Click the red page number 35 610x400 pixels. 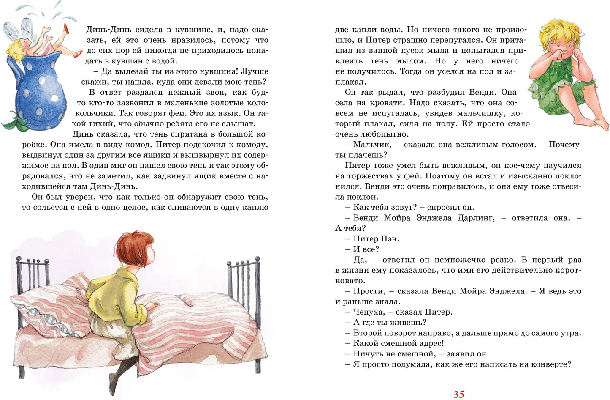coord(458,394)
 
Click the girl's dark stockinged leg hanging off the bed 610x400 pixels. coord(120,372)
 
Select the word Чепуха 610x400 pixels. coord(369,312)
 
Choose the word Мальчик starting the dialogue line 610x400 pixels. coord(372,145)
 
